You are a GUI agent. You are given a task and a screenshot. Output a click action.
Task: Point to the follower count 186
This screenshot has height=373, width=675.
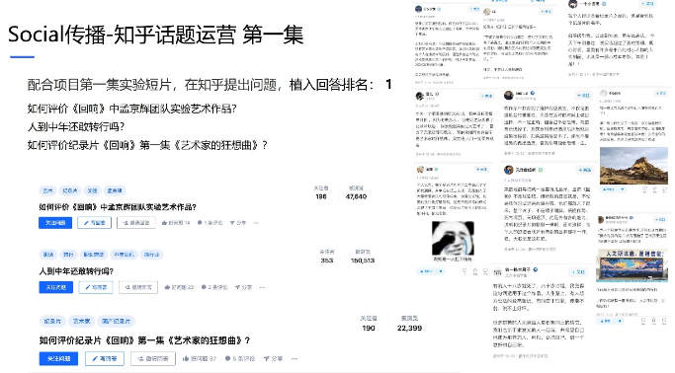tap(320, 196)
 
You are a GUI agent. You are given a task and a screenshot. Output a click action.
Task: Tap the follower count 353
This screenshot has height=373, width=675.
tap(326, 261)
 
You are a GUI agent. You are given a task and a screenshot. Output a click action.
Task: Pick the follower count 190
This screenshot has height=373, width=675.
tap(368, 327)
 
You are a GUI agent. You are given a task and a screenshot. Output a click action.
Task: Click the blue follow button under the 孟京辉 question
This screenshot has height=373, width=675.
tap(55, 223)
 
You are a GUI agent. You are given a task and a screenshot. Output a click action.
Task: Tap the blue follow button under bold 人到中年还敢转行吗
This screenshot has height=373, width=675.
tap(55, 287)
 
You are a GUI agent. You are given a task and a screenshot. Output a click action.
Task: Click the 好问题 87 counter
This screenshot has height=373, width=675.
tap(204, 358)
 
